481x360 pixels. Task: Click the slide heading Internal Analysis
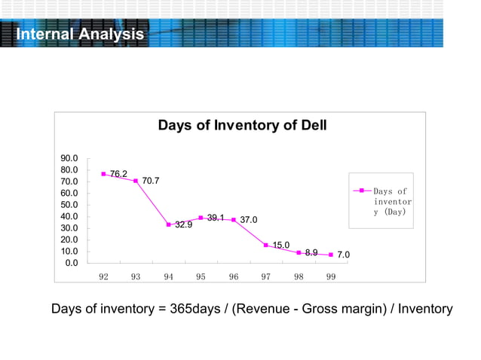[x=80, y=35]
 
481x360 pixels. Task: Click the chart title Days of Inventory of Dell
[x=242, y=125]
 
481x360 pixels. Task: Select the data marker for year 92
[x=103, y=174]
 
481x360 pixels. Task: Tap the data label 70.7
[x=150, y=181]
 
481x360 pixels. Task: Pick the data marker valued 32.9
[x=168, y=224]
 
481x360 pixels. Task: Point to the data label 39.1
[x=216, y=218]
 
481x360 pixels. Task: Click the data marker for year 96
[x=234, y=220]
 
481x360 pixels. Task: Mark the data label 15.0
[x=281, y=245]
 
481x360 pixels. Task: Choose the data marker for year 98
[x=299, y=252]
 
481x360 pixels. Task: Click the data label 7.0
[x=343, y=256]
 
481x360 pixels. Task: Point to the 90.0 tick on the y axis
[x=69, y=158]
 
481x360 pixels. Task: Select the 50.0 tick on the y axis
[x=69, y=204]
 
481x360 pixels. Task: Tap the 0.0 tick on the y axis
[x=72, y=262]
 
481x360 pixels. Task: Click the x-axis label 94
[x=168, y=276]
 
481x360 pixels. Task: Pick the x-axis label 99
[x=331, y=276]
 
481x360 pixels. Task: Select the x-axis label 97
[x=266, y=276]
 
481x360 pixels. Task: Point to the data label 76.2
[x=118, y=174]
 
